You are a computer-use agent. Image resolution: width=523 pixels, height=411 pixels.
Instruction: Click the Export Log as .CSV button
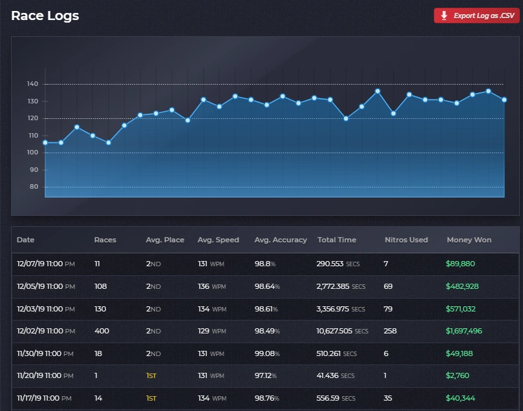click(x=476, y=16)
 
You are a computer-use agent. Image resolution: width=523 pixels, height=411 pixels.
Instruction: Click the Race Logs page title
click(x=45, y=16)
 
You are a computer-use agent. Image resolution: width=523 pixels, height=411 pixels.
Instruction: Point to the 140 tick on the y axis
click(x=33, y=84)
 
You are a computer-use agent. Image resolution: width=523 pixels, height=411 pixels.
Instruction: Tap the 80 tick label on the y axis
click(x=33, y=187)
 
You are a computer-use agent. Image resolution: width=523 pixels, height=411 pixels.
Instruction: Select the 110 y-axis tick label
click(x=33, y=136)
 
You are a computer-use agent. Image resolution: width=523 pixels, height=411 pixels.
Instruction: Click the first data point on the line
click(x=45, y=142)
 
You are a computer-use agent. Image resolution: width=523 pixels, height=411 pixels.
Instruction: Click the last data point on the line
click(x=504, y=100)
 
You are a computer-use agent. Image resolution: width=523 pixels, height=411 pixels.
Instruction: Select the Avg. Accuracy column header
click(x=281, y=240)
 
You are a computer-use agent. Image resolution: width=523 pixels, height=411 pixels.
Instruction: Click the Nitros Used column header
click(x=406, y=240)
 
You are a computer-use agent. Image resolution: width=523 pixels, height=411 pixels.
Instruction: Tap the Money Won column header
click(x=469, y=240)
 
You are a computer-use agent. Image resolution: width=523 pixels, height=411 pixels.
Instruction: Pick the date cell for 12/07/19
click(x=45, y=264)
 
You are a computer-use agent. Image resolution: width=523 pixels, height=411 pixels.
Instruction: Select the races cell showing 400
click(x=101, y=331)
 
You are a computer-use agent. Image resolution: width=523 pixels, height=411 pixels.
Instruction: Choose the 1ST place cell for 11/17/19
click(x=151, y=398)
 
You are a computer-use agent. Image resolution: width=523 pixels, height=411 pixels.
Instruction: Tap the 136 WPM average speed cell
click(x=212, y=286)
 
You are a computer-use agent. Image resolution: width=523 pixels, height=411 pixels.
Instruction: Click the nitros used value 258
click(x=391, y=331)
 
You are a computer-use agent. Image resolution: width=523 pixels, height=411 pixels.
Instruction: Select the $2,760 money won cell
click(x=458, y=375)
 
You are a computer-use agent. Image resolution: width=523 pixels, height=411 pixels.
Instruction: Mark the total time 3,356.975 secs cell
click(x=341, y=309)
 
